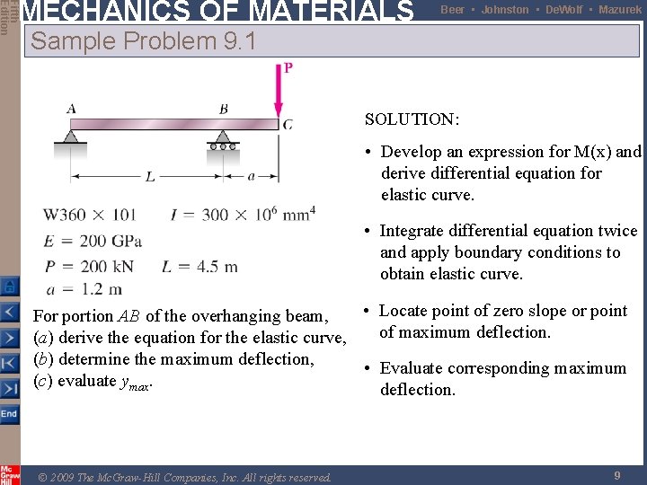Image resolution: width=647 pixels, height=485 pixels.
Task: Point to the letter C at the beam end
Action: coord(288,125)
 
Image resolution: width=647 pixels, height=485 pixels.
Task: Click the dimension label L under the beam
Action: coord(149,177)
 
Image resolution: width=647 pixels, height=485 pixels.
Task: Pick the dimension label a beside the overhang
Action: coord(251,177)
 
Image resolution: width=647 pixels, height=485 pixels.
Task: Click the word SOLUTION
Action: coord(412,119)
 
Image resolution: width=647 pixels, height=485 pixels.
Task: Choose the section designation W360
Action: coord(72,215)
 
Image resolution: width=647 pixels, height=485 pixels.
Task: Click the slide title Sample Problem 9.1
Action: coord(144,41)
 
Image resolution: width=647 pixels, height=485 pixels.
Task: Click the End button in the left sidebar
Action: coord(8,414)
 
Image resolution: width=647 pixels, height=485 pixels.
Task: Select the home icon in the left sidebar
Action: coord(8,287)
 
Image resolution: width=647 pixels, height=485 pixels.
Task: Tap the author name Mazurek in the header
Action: coord(619,10)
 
